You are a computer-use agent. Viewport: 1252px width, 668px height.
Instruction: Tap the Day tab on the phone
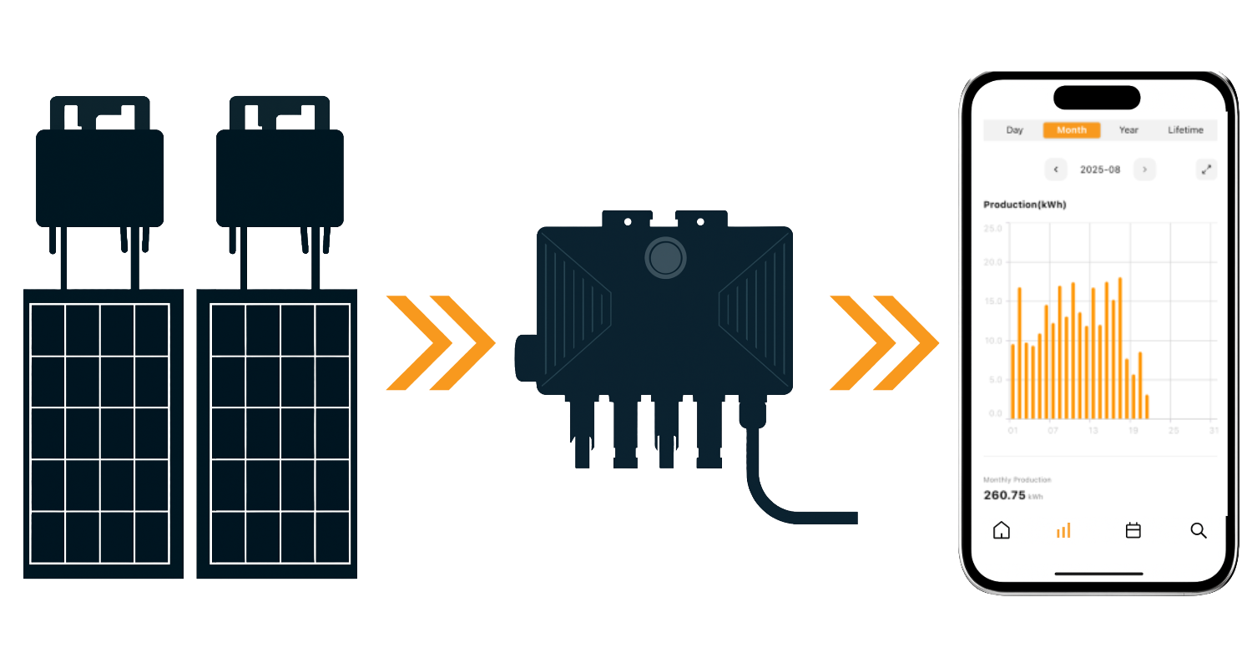click(x=1014, y=130)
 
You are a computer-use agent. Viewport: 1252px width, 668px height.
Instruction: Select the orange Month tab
click(x=1072, y=130)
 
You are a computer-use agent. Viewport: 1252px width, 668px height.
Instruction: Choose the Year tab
click(x=1128, y=130)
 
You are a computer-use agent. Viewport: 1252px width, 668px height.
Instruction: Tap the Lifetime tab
click(x=1185, y=130)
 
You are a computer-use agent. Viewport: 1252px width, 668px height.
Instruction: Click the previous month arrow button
click(x=1056, y=170)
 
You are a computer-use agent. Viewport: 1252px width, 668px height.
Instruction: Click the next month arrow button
click(x=1144, y=170)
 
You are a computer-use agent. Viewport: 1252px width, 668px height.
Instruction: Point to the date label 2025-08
click(x=1100, y=170)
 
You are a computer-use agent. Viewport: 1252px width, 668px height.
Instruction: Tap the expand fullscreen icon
click(x=1206, y=170)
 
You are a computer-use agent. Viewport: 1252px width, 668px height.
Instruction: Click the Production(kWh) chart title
click(x=1024, y=205)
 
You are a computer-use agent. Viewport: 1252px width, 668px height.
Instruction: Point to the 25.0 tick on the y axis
click(x=993, y=228)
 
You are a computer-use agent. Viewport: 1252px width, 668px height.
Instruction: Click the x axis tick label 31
click(x=1214, y=431)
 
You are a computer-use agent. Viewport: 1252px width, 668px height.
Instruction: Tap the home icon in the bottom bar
click(x=1002, y=530)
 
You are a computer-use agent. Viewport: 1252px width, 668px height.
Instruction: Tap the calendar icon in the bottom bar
click(x=1133, y=530)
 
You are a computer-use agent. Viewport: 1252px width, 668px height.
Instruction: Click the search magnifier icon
click(x=1199, y=530)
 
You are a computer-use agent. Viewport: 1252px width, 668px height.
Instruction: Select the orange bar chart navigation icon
click(x=1063, y=530)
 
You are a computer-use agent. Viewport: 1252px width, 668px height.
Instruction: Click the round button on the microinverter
click(x=665, y=258)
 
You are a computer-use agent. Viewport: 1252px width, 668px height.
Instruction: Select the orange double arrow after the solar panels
click(x=441, y=342)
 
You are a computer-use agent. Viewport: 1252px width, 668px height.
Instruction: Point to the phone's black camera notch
click(x=1097, y=98)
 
